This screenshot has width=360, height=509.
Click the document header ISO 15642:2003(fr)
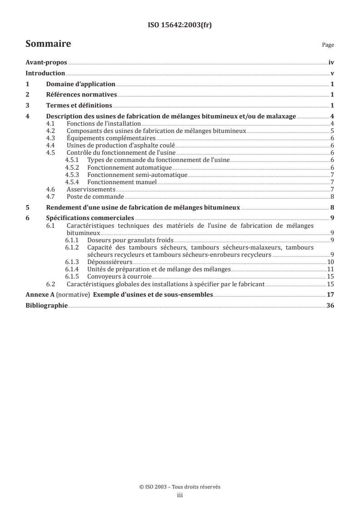tap(180, 25)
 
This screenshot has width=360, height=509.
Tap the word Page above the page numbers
tap(328, 45)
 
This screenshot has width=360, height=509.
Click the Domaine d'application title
tap(80, 84)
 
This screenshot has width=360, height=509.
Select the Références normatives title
tap(81, 94)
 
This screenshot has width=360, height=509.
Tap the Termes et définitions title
tap(79, 105)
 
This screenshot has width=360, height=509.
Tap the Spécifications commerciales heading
tap(89, 217)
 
